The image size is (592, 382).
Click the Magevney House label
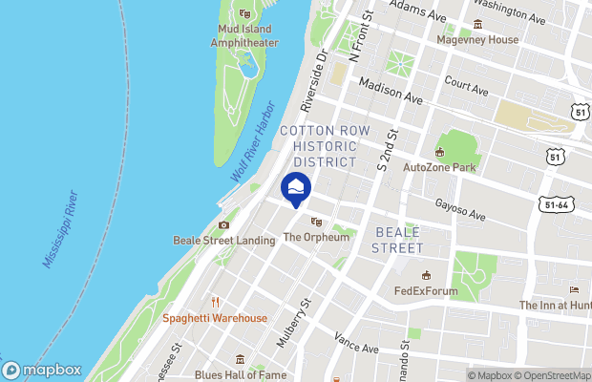pyautogui.click(x=477, y=40)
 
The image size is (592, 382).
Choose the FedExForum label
pyautogui.click(x=426, y=291)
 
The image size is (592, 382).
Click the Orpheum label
pyautogui.click(x=317, y=236)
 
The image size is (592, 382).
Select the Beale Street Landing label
pyautogui.click(x=223, y=241)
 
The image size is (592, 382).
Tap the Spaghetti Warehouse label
pyautogui.click(x=214, y=318)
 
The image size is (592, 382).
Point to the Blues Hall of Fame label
pyautogui.click(x=240, y=374)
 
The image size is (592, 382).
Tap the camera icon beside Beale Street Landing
pyautogui.click(x=223, y=225)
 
